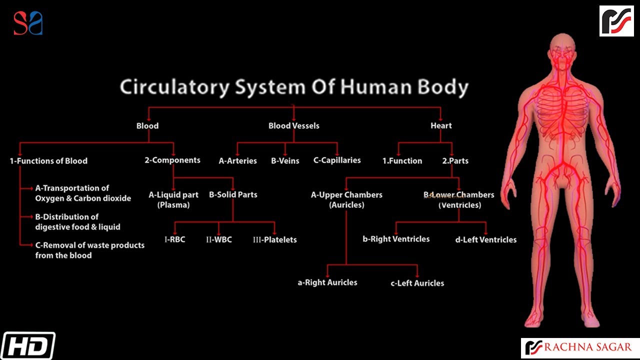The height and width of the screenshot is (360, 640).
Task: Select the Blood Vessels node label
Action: pos(293,126)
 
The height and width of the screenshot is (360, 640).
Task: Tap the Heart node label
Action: pos(441,126)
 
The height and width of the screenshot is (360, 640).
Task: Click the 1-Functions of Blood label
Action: pos(48,161)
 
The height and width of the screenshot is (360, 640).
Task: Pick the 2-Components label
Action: pos(172,160)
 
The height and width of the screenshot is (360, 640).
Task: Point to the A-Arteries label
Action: pos(237,161)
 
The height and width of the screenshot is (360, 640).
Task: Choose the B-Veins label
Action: pos(285,161)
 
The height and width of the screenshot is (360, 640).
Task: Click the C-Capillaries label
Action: pos(337,160)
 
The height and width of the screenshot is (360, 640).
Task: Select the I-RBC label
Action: pos(174,239)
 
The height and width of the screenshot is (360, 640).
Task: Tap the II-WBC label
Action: pos(218,239)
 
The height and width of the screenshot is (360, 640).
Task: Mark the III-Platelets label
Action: pos(274,239)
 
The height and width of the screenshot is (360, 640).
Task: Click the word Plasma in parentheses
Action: pos(173,205)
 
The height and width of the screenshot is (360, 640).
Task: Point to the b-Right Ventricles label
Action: pos(396,239)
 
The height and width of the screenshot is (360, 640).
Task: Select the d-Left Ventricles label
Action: pos(485,239)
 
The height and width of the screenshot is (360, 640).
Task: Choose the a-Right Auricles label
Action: pos(327,282)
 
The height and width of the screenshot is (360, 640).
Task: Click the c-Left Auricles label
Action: pos(417,283)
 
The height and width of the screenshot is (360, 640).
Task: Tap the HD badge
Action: pos(27,345)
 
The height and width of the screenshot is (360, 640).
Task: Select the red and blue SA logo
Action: pos(28,23)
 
